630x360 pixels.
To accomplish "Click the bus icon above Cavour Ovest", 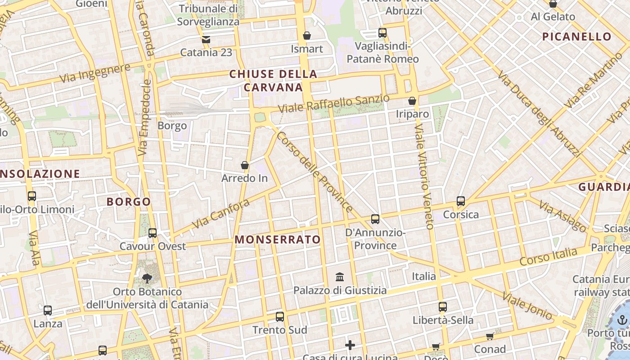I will tap(153, 233).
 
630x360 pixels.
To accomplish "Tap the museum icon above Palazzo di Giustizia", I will tap(340, 276).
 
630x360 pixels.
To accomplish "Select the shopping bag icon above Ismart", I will tap(307, 35).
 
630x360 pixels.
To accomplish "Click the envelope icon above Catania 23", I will tap(206, 40).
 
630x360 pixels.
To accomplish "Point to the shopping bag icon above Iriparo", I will tap(412, 101).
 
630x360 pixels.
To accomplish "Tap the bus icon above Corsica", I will tap(460, 201).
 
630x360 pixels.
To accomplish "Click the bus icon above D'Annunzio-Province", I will tap(375, 219).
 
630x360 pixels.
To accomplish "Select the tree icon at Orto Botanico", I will tap(147, 278).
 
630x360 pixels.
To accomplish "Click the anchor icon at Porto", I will tap(622, 320).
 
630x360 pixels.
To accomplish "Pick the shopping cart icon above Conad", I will tap(490, 336).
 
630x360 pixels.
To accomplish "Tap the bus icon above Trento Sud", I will tap(280, 316).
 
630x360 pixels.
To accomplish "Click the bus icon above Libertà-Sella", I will tap(443, 307).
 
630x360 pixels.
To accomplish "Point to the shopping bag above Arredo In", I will tap(245, 165).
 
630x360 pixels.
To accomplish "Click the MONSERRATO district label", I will tap(278, 239).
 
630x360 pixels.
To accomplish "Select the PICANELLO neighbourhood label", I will tap(576, 37).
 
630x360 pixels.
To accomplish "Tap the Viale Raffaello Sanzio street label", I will tap(333, 104).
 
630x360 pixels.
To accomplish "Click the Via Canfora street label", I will tap(220, 214).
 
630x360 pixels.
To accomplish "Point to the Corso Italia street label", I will tap(548, 256).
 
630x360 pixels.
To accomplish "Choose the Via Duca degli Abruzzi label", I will tap(539, 113).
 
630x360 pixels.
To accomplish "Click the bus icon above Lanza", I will tap(48, 310).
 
